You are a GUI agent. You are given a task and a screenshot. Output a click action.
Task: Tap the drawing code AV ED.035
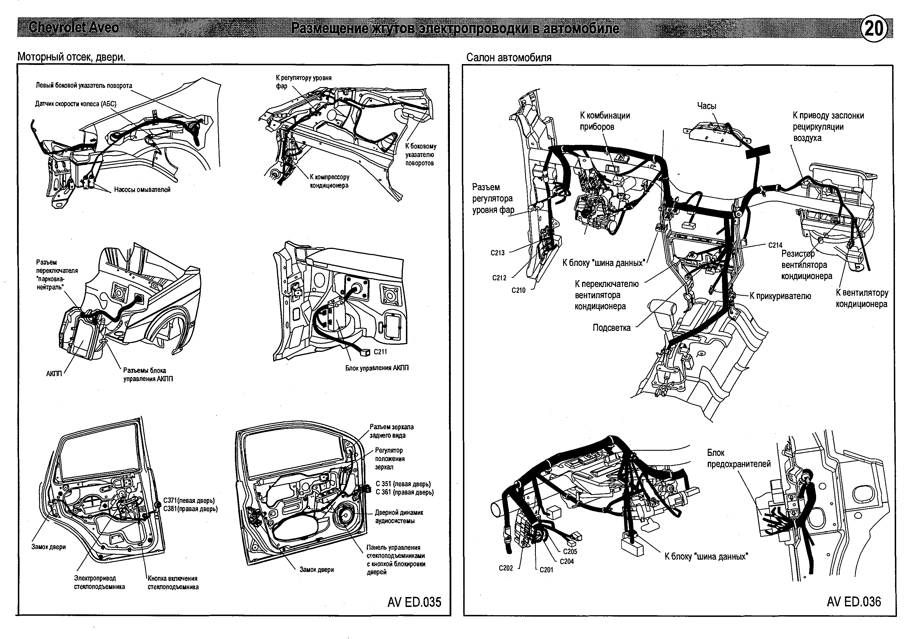[x=414, y=602]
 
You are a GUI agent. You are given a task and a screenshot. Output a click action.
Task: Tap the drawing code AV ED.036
[x=854, y=602]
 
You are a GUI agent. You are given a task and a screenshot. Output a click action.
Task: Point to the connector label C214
[x=775, y=245]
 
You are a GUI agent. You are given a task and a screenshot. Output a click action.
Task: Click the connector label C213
[x=498, y=253]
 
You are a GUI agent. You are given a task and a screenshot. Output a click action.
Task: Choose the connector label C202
[x=506, y=568]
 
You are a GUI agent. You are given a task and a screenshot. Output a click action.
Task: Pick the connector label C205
[x=570, y=551]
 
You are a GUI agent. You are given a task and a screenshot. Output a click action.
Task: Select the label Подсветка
[x=612, y=328]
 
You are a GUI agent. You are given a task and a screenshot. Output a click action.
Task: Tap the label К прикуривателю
[x=780, y=296]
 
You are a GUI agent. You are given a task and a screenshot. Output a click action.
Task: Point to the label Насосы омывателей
[x=142, y=190]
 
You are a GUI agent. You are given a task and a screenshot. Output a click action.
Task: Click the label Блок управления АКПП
[x=376, y=368]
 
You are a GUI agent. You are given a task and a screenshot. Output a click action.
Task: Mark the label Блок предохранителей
[x=739, y=458]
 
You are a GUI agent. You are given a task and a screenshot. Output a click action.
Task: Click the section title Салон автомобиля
[x=509, y=58]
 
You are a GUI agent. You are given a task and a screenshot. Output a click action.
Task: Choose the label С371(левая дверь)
[x=189, y=500]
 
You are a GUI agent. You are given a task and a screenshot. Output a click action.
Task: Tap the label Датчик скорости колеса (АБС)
[x=76, y=104]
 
